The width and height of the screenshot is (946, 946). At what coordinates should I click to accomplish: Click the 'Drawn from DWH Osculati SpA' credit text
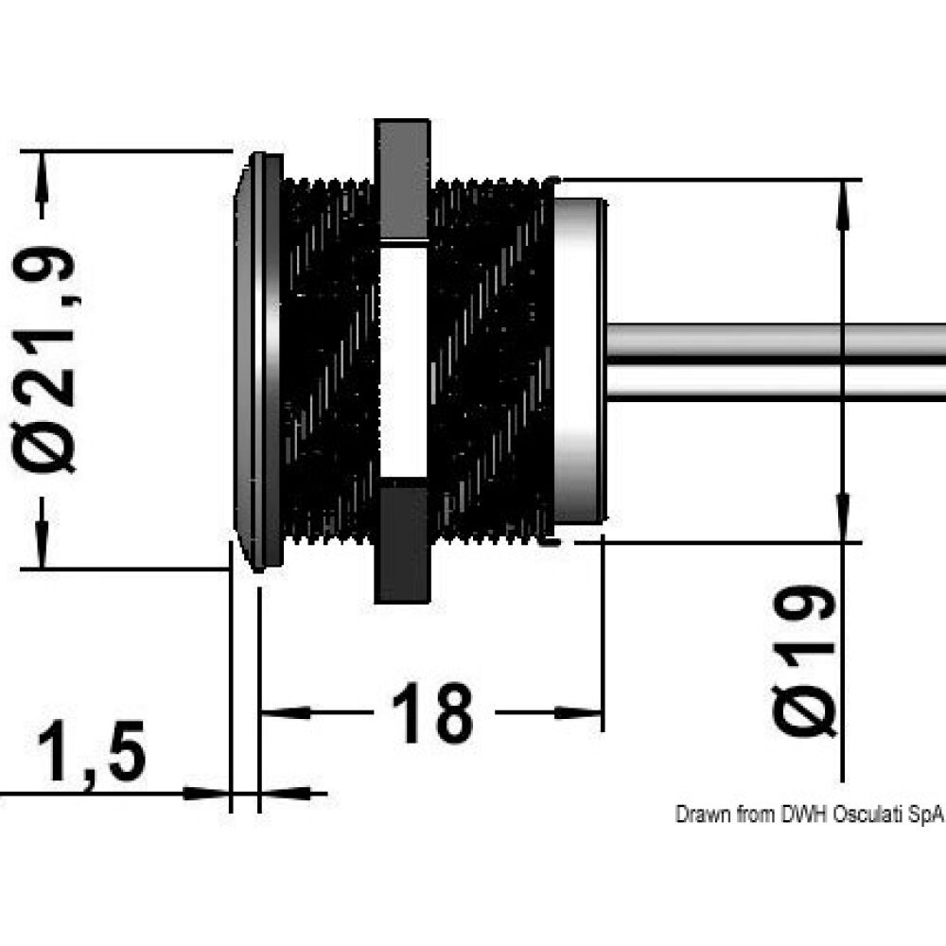coord(810,815)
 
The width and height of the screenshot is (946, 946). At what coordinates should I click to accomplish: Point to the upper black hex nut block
coord(403,180)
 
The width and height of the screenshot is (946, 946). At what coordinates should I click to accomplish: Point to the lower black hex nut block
coord(403,539)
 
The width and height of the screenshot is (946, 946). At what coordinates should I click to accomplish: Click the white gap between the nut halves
coord(403,359)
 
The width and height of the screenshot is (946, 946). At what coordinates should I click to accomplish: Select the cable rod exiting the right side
coord(776,361)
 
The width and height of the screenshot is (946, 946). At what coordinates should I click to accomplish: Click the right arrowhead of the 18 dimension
coord(581,712)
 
